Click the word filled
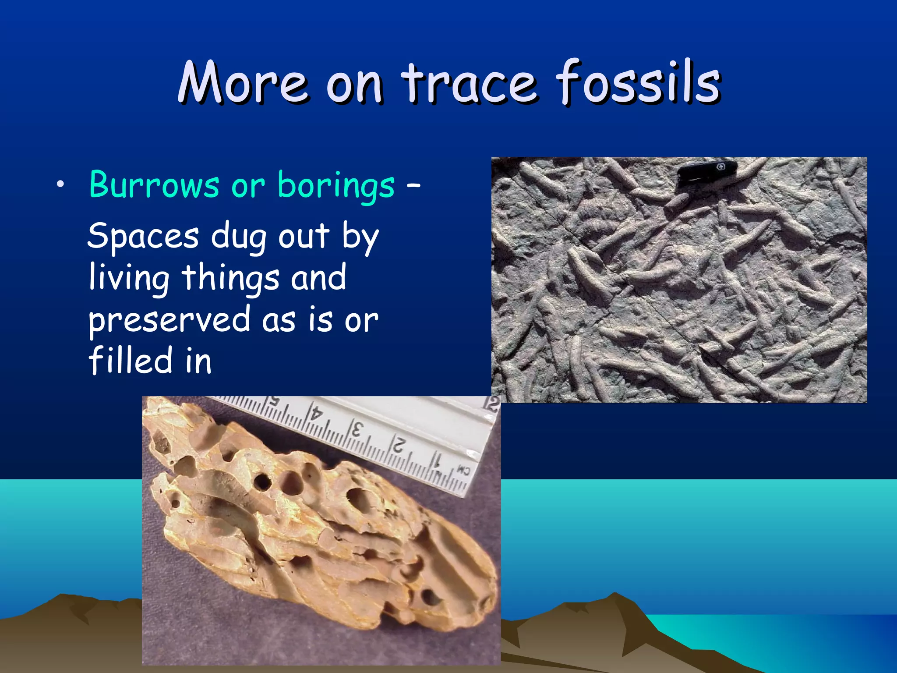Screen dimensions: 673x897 [x=130, y=360]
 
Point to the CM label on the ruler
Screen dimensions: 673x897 [x=463, y=471]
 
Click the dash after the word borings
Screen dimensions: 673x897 [x=413, y=186]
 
